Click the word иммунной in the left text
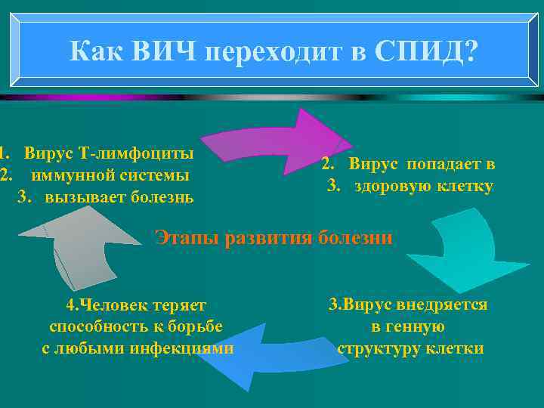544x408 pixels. click(69, 175)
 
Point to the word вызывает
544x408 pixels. click(79, 197)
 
